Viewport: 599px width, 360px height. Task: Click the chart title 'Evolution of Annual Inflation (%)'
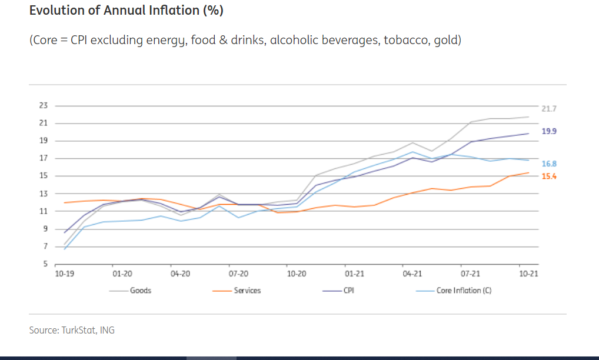pos(126,11)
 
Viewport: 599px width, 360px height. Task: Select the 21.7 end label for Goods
pos(548,109)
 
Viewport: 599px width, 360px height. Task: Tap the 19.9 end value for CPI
pos(548,131)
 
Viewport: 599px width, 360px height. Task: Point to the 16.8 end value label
pos(548,164)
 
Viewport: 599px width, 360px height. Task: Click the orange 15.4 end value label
pos(548,176)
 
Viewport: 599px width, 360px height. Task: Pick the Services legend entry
pos(247,291)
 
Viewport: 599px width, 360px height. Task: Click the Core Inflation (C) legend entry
pos(464,291)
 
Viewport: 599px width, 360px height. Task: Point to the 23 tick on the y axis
pos(43,106)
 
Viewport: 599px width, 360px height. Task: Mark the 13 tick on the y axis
pos(43,194)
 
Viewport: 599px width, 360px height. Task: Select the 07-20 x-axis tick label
pos(238,274)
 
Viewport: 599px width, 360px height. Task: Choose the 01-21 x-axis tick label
pos(354,274)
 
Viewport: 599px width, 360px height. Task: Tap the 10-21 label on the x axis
pos(528,274)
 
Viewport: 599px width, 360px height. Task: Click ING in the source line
pos(107,330)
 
